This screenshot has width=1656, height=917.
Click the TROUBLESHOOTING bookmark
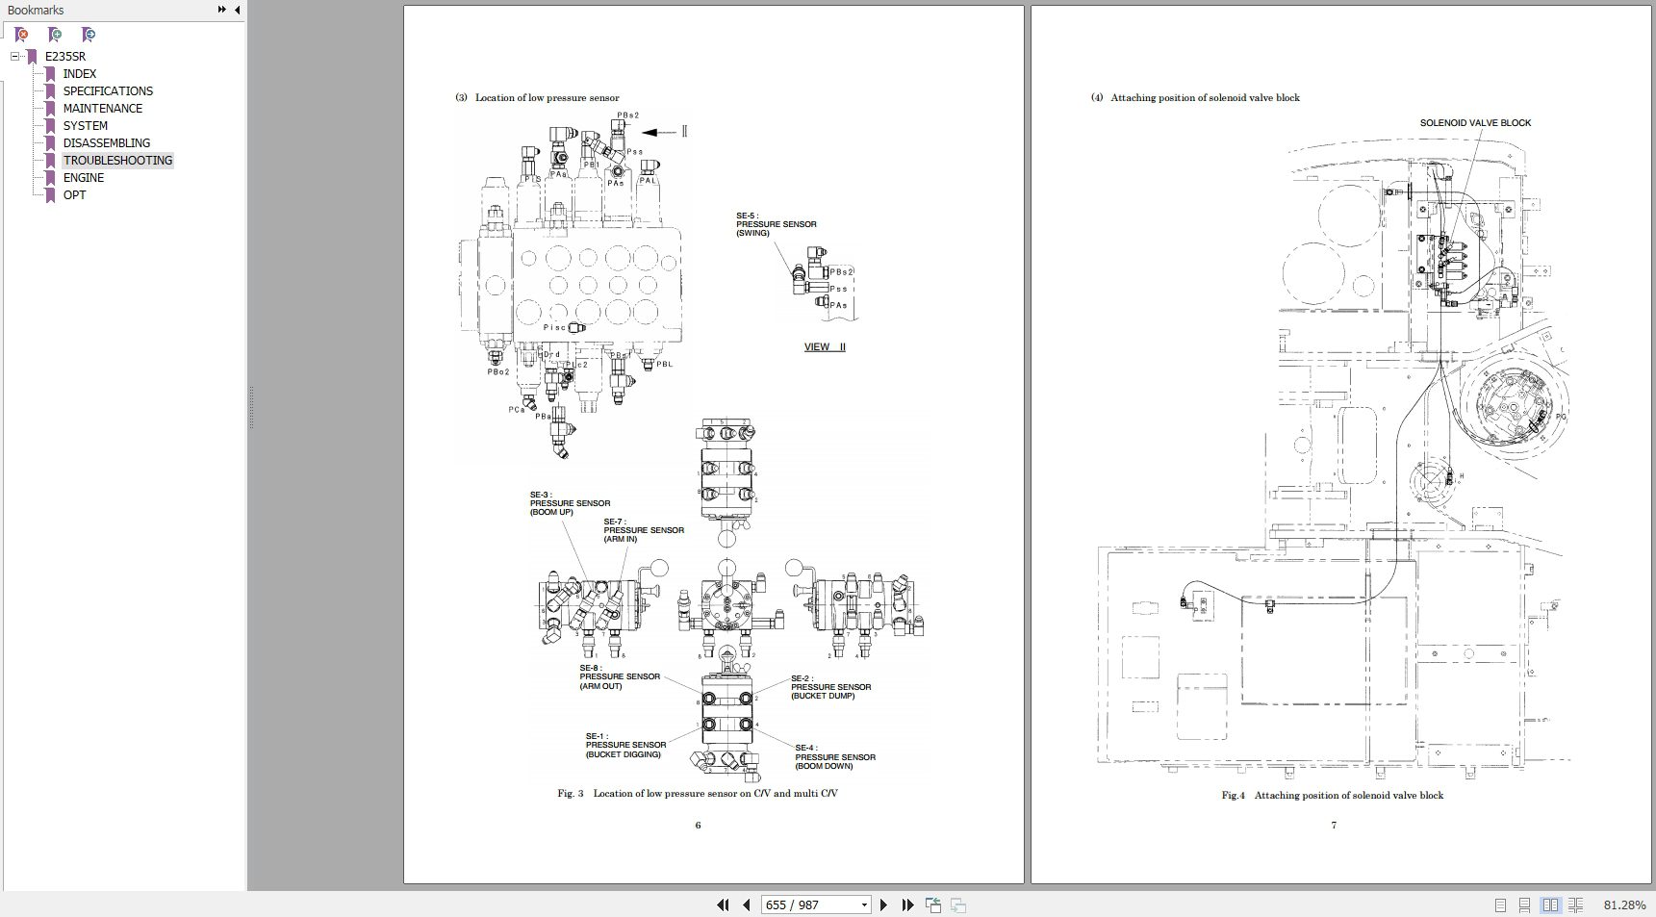[117, 161]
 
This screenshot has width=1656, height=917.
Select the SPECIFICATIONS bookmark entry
[108, 91]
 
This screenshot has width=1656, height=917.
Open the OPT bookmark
[74, 195]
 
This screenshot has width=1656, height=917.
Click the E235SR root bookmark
[64, 57]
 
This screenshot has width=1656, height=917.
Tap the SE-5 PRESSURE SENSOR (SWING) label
[776, 224]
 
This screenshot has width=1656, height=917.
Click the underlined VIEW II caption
[825, 347]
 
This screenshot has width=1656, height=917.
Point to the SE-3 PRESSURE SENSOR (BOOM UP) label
[569, 503]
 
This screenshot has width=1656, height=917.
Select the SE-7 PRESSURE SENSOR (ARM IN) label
[643, 530]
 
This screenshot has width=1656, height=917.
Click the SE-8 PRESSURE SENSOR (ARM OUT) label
[619, 676]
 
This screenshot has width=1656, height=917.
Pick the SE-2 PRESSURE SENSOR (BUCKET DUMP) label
[830, 687]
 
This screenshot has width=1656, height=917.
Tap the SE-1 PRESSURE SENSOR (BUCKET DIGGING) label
[625, 745]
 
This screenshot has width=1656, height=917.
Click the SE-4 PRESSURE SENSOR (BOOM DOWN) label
[834, 757]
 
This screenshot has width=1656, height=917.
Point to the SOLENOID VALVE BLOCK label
[1475, 123]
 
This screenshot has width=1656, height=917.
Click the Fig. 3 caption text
[697, 794]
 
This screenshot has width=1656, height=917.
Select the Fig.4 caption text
[1332, 796]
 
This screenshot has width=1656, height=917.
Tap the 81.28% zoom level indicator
[1624, 905]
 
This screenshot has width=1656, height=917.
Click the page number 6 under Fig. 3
[698, 826]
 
